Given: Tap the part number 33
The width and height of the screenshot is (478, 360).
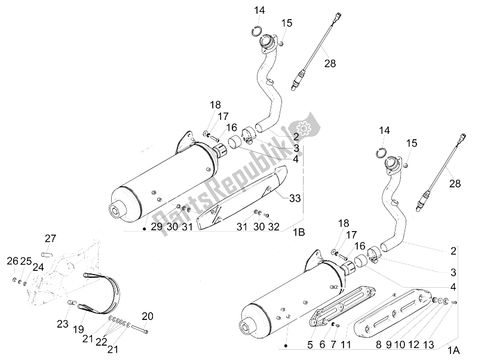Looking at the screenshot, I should (295, 198).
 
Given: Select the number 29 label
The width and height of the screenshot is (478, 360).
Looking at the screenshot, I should (156, 227).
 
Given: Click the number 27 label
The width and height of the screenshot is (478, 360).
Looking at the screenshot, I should (50, 238).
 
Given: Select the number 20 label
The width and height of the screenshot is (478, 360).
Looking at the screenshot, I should (147, 316).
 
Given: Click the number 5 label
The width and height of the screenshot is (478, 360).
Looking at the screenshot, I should (310, 344).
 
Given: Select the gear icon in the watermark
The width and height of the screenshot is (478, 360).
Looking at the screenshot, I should (302, 126).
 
